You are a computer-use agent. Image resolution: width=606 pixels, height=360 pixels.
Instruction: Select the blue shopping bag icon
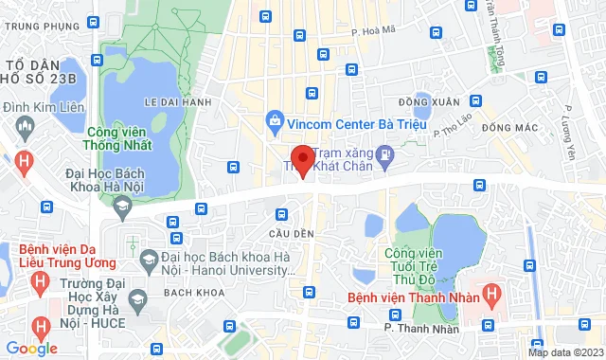[x=274, y=120]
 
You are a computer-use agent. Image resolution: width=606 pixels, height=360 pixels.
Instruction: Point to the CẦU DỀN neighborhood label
[x=284, y=233]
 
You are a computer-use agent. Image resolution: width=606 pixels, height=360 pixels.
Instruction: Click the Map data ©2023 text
[x=565, y=352]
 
